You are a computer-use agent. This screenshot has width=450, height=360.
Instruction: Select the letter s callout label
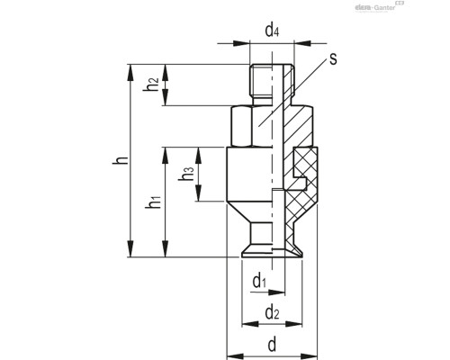[332, 59]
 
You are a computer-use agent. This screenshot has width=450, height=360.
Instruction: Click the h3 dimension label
[186, 175]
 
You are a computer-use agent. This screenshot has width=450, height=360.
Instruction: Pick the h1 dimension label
[154, 204]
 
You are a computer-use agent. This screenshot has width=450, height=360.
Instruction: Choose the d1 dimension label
[260, 282]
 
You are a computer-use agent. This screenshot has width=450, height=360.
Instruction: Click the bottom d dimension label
[272, 344]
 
